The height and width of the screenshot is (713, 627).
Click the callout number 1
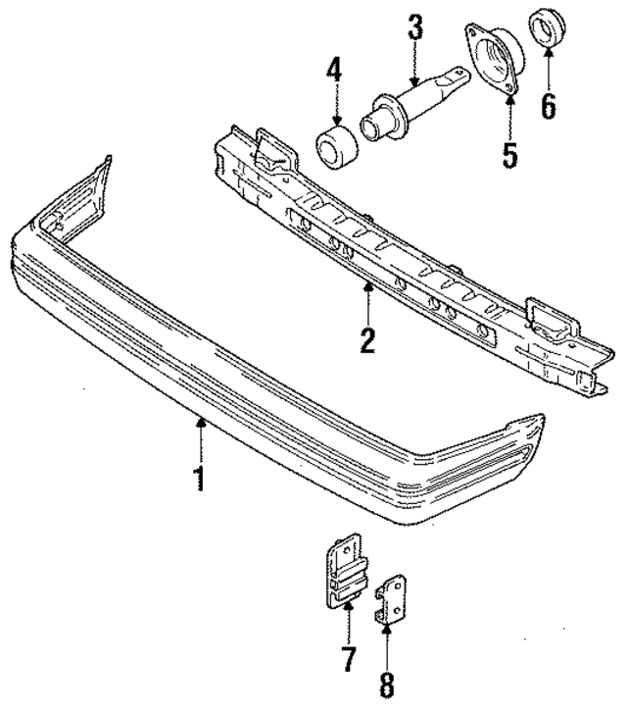(200, 480)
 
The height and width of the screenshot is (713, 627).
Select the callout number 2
(366, 339)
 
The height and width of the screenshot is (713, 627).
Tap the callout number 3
(415, 28)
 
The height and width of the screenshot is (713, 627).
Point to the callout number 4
(336, 72)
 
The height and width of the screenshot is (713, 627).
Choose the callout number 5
(509, 155)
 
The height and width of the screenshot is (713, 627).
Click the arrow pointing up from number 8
(389, 641)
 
